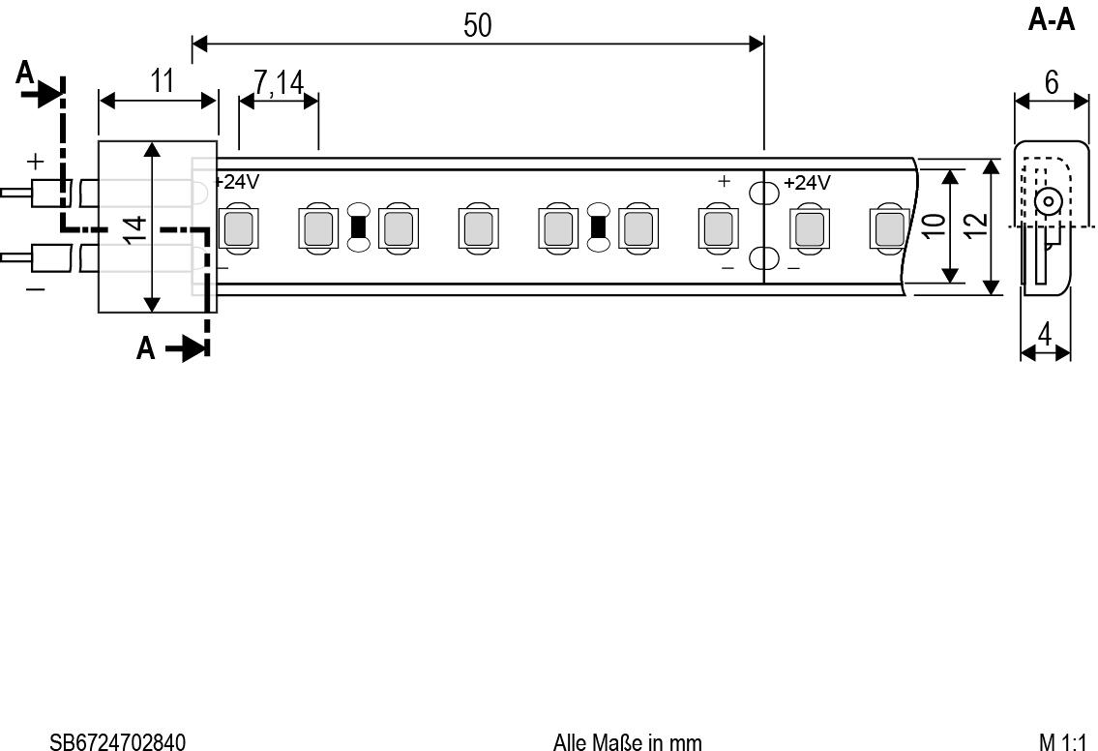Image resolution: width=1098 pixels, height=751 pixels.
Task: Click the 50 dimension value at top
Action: pos(478,25)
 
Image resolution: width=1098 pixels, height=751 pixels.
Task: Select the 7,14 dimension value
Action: pos(279,82)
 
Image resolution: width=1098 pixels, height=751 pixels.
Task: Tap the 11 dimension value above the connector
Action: pos(162,81)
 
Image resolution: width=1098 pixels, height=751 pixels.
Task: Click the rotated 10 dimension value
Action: pos(935,225)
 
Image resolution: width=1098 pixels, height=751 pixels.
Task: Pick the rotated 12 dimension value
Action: pos(975,225)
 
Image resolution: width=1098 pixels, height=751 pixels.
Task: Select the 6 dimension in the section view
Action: pos(1052,83)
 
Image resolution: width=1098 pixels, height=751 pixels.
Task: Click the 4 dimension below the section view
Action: pos(1044,335)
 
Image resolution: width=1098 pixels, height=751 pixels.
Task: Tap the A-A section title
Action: pos(1052,20)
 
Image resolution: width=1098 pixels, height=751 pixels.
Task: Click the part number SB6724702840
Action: pos(118,742)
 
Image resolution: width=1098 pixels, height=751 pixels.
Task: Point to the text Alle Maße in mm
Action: pos(628,742)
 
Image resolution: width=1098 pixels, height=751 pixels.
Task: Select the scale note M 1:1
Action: pos(1062,742)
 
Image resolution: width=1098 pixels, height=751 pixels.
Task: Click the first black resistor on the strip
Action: pos(359,227)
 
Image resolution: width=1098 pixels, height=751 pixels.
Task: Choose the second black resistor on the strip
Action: pos(598,227)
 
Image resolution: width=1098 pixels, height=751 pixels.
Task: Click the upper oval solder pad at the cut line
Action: pos(763,192)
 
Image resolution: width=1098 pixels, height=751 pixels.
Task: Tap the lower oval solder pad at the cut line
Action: pos(763,258)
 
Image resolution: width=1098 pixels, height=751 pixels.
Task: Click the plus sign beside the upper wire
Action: pos(35,162)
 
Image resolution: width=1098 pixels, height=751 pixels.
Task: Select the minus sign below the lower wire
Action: pos(35,287)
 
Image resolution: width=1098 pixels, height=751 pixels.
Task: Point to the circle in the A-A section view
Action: pos(1049,201)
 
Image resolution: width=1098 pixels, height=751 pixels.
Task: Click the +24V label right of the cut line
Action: pos(807,183)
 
